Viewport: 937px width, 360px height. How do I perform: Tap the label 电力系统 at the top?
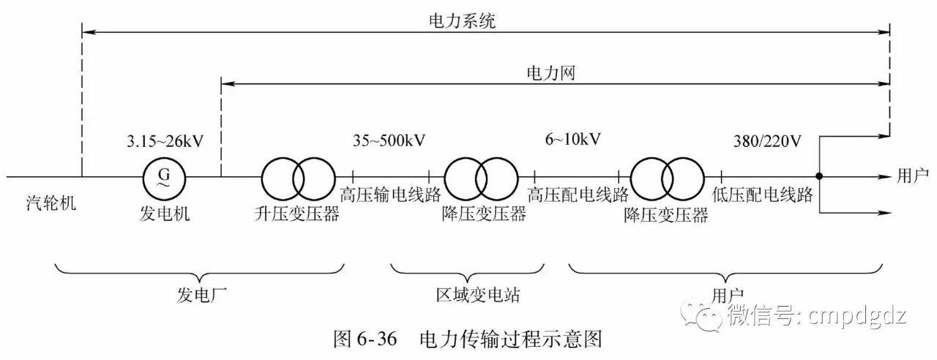tap(462, 21)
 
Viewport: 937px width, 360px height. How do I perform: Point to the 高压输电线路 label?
tap(391, 195)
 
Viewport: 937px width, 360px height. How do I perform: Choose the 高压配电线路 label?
tap(578, 195)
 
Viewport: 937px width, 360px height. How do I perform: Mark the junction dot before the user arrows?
tap(819, 176)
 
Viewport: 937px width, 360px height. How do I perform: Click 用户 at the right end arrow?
tap(912, 176)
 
